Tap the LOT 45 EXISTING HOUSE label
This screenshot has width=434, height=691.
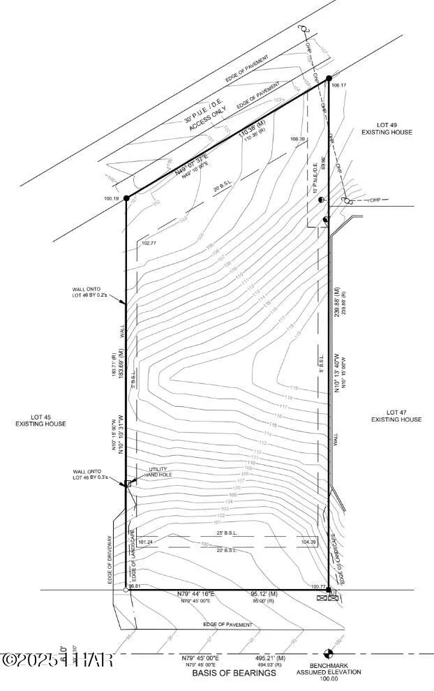tap(42, 420)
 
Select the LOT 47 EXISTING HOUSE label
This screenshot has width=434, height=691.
tap(396, 416)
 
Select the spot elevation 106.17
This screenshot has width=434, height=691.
tap(339, 85)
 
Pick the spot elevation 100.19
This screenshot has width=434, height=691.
tap(112, 199)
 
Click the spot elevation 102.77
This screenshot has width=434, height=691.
tap(149, 244)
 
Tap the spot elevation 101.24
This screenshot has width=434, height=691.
tap(146, 542)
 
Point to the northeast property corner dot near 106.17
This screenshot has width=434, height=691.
tap(328, 79)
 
